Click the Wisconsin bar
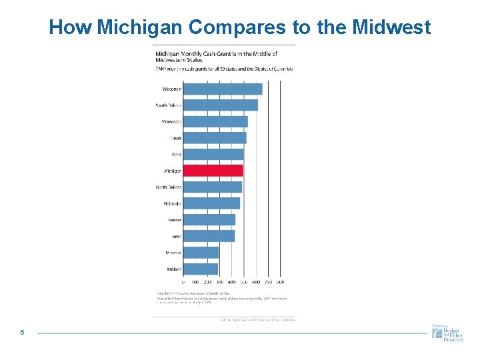(223, 89)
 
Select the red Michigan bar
(213, 171)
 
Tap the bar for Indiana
(201, 269)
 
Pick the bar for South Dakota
(221, 105)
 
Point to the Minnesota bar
(215, 121)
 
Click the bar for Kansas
(209, 219)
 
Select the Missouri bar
(201, 253)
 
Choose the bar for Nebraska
(211, 203)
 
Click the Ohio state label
(176, 154)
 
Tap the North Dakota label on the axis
(169, 187)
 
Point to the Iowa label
(176, 236)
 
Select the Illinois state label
(175, 138)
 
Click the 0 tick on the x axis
(183, 282)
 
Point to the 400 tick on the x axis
(232, 282)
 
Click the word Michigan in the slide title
(141, 27)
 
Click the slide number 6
(22, 333)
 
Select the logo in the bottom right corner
(447, 333)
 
